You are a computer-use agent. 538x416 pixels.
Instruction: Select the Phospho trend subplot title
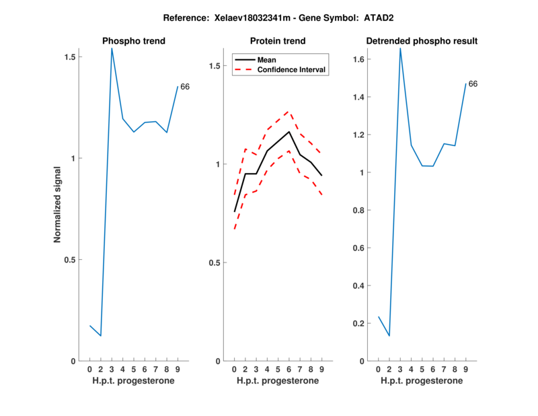click(x=133, y=41)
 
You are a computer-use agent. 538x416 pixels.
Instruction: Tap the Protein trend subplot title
click(x=277, y=41)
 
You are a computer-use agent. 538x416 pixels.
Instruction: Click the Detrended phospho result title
click(x=422, y=41)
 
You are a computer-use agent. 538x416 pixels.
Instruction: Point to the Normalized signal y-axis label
click(x=58, y=205)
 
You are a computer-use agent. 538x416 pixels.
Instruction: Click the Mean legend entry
click(x=266, y=60)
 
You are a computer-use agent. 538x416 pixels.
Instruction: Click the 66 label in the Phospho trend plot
click(x=185, y=87)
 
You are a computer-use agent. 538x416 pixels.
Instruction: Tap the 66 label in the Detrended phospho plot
click(x=473, y=84)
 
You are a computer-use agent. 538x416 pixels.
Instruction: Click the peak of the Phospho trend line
click(x=112, y=48)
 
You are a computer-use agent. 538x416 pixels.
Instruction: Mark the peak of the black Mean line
click(x=289, y=131)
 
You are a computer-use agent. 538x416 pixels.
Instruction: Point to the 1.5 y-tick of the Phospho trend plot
click(x=70, y=57)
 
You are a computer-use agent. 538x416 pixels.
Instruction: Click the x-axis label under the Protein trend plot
click(x=277, y=381)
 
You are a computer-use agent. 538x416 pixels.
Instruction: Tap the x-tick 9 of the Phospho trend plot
click(x=178, y=369)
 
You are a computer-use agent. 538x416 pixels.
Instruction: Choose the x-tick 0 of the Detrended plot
click(x=378, y=369)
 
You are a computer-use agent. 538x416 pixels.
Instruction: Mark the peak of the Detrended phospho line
click(x=400, y=48)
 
